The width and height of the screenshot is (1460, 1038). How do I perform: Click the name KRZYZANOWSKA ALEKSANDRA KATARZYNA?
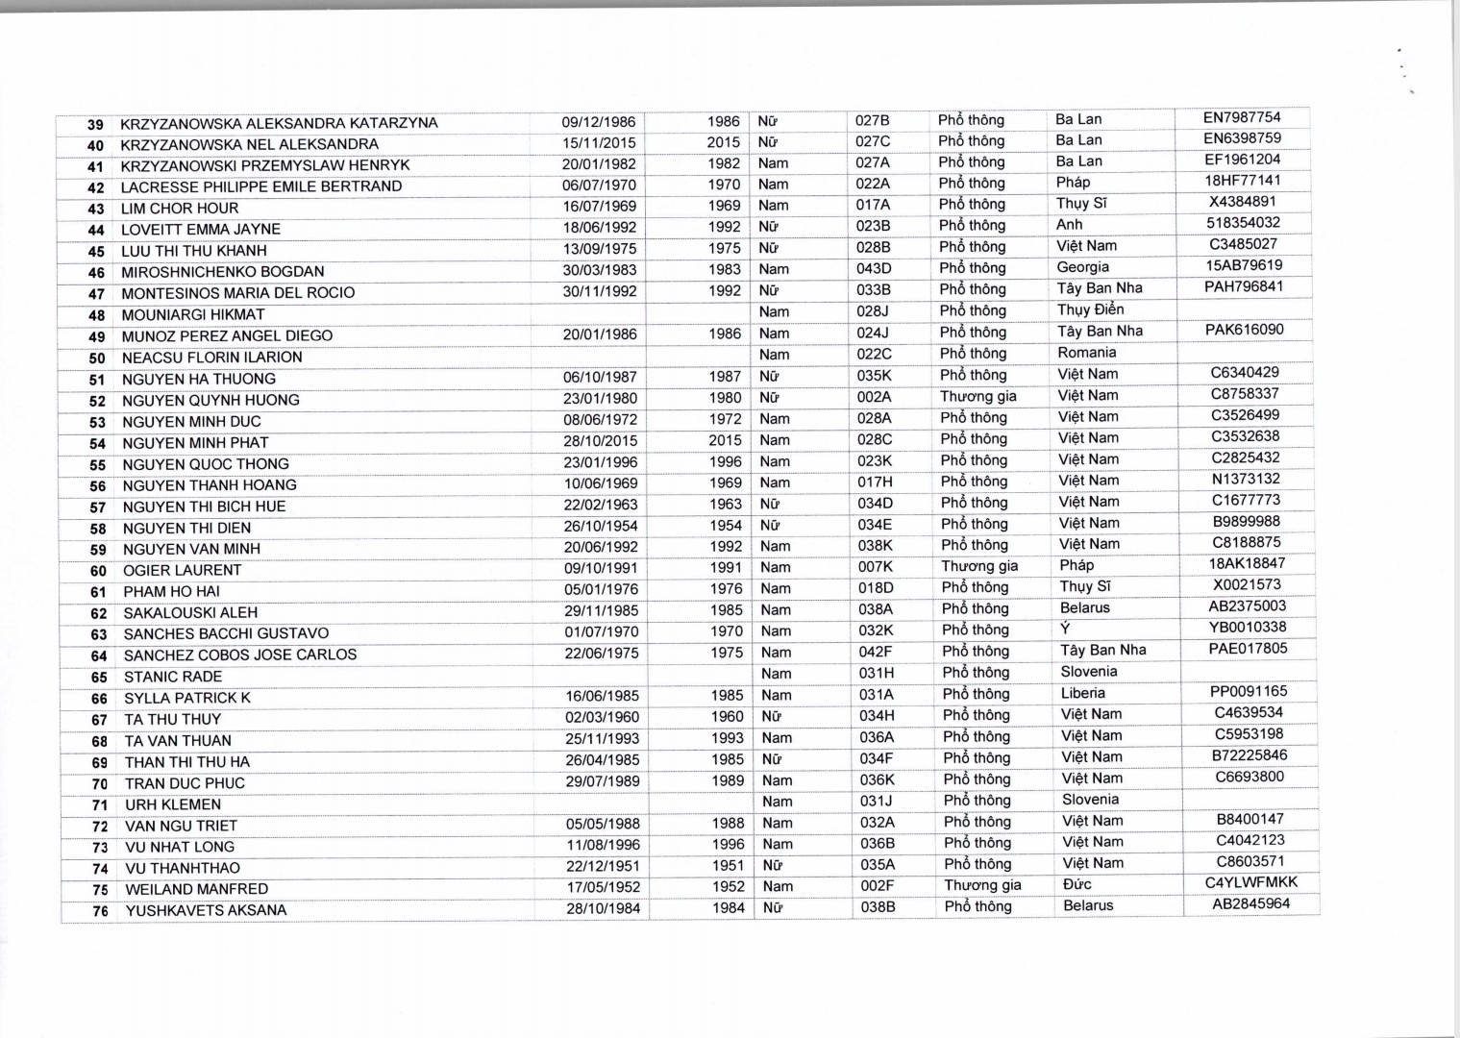pos(279,123)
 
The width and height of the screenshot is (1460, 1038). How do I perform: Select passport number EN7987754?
pos(1242,117)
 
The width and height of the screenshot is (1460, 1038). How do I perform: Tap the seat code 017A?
pos(873,205)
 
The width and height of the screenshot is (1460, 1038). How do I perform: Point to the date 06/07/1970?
pos(599,185)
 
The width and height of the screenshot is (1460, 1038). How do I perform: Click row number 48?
pos(96,315)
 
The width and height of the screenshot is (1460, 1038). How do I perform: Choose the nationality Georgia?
pos(1082,267)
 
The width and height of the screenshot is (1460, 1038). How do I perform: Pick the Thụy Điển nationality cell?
pos(1090,309)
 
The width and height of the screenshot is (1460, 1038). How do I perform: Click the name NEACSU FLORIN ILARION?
pos(211,358)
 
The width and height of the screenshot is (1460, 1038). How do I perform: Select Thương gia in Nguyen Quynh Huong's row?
pos(977,396)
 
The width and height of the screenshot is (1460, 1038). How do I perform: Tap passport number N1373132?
pos(1246,479)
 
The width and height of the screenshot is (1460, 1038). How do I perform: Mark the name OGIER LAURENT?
pos(183,570)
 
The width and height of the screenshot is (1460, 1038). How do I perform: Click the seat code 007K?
pos(875,567)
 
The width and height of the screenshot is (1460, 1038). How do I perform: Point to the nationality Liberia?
pos(1082,693)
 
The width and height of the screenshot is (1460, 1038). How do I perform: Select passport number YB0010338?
pos(1248,627)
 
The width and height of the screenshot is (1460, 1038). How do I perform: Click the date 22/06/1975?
pos(602,653)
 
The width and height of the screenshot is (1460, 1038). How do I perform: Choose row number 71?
pos(99,805)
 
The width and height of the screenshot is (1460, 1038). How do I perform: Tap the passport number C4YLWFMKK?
pos(1250,882)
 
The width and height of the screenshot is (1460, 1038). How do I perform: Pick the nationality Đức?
pos(1076,884)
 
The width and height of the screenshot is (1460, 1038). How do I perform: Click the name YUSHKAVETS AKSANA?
pos(206,910)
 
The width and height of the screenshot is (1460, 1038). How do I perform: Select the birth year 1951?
pos(728,865)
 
